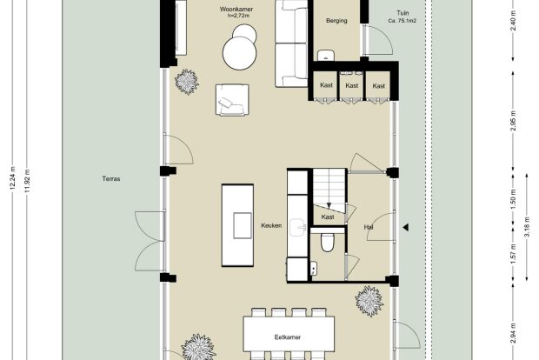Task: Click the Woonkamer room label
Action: pyautogui.click(x=236, y=10)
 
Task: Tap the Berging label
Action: pyautogui.click(x=336, y=21)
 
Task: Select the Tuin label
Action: pyautogui.click(x=403, y=13)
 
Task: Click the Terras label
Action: pyautogui.click(x=111, y=179)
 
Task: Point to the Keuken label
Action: pyautogui.click(x=271, y=225)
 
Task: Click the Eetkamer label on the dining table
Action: pyautogui.click(x=288, y=337)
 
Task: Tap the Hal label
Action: pyautogui.click(x=369, y=227)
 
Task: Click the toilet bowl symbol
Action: pyautogui.click(x=327, y=242)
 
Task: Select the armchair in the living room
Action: pyautogui.click(x=232, y=100)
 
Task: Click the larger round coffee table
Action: pyautogui.click(x=240, y=54)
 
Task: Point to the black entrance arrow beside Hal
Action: pyautogui.click(x=406, y=227)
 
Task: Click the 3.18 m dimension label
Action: pyautogui.click(x=528, y=227)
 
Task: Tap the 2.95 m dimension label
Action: pyautogui.click(x=513, y=121)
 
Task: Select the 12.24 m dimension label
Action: pyautogui.click(x=13, y=178)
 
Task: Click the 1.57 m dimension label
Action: pyautogui.click(x=513, y=254)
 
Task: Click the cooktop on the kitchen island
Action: pyautogui.click(x=243, y=225)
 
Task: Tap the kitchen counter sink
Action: pyautogui.click(x=297, y=228)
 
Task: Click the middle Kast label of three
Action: pyautogui.click(x=352, y=85)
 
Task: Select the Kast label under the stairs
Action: pyautogui.click(x=327, y=217)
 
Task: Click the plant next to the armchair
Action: pyautogui.click(x=187, y=82)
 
